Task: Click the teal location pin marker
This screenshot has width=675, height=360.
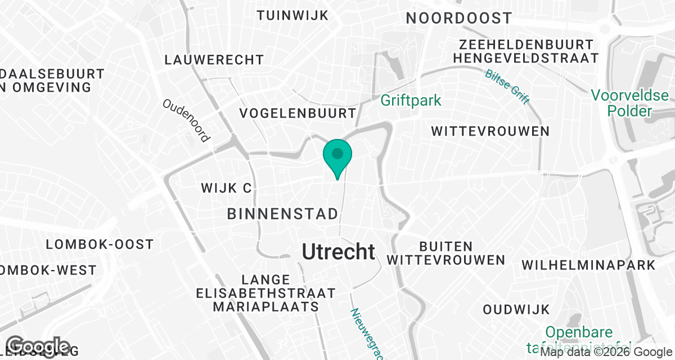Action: point(337,154)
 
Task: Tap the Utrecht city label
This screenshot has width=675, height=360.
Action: point(339,251)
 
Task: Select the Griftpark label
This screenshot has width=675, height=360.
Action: point(411,101)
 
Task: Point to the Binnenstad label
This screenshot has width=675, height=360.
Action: point(283,214)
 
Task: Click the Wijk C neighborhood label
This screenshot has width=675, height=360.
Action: point(226,188)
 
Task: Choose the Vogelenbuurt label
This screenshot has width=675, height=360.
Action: point(298,113)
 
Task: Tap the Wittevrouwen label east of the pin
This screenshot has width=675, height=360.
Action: point(490,131)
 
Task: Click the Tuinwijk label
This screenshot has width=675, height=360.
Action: point(292,15)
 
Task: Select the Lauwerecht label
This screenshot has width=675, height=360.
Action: point(214,60)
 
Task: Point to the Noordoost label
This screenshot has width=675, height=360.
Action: point(459,18)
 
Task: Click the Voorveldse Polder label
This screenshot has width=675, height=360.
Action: point(629,103)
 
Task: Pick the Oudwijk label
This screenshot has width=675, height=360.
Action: point(516,309)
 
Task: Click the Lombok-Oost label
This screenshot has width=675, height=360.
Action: point(100,244)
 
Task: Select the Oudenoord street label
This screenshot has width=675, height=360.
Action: point(186,120)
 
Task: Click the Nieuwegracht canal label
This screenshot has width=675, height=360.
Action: point(366,334)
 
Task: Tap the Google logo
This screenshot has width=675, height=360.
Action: point(38,347)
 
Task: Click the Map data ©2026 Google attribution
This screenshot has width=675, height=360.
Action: point(606,352)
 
